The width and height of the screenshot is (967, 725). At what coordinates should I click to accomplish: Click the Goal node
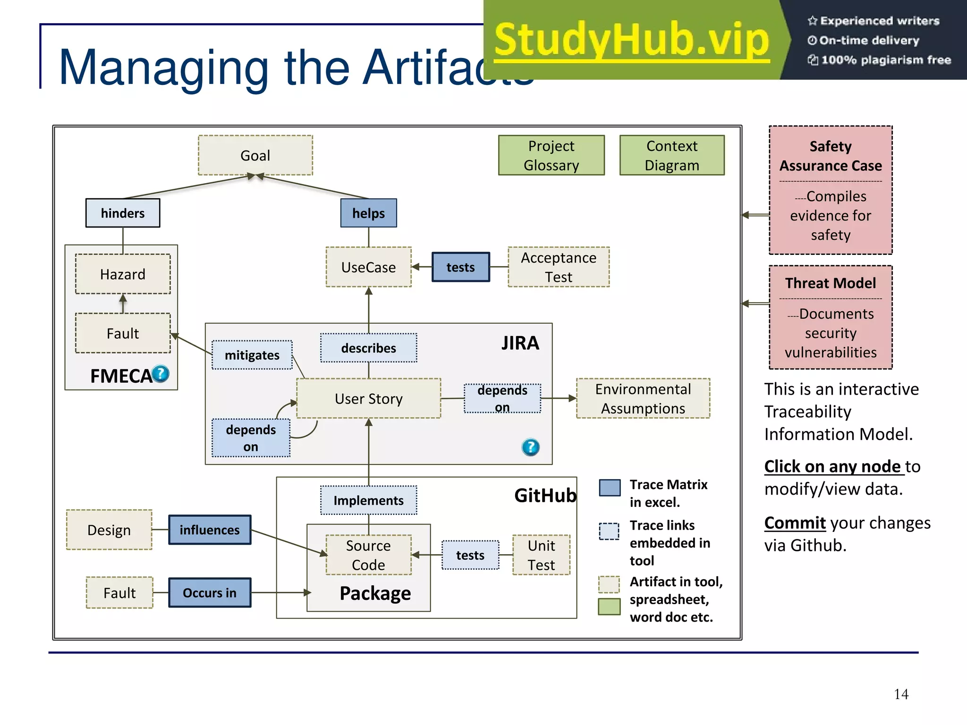point(255,155)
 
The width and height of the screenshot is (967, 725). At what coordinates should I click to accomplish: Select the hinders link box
point(123,213)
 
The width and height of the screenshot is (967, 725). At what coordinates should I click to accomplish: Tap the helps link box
point(368,213)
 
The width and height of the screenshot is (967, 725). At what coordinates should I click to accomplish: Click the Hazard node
point(123,274)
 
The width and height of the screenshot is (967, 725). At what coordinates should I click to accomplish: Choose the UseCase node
point(368,267)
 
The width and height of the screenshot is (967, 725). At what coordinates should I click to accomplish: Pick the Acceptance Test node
point(559,267)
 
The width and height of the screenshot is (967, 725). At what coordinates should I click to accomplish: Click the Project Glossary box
point(551,155)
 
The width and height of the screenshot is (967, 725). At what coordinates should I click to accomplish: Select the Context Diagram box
point(671,155)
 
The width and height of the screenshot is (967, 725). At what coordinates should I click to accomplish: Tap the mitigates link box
point(252,355)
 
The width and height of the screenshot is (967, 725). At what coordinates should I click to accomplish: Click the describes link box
point(368,348)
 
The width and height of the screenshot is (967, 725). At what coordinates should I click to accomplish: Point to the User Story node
point(368,398)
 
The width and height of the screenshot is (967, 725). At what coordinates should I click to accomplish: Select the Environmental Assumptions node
point(643,398)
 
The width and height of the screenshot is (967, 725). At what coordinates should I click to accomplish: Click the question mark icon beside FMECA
point(161,374)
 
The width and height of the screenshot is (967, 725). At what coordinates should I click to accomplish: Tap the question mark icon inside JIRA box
point(530,447)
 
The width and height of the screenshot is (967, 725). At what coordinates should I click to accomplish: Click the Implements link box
point(368,500)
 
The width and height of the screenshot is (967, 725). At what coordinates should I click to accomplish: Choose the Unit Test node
point(541,555)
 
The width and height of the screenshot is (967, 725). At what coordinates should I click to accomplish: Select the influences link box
point(210,530)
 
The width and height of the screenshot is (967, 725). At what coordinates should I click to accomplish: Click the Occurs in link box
point(210,592)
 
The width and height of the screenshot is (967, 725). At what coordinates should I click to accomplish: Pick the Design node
point(109,530)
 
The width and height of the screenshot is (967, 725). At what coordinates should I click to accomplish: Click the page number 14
point(900,694)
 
